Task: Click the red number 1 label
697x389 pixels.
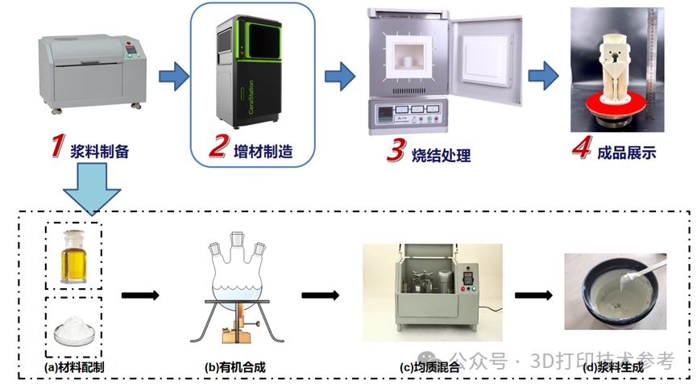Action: (56, 146)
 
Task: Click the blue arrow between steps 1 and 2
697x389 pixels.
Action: (173, 77)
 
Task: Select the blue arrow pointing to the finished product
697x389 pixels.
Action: (544, 77)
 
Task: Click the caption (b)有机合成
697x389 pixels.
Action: (235, 367)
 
